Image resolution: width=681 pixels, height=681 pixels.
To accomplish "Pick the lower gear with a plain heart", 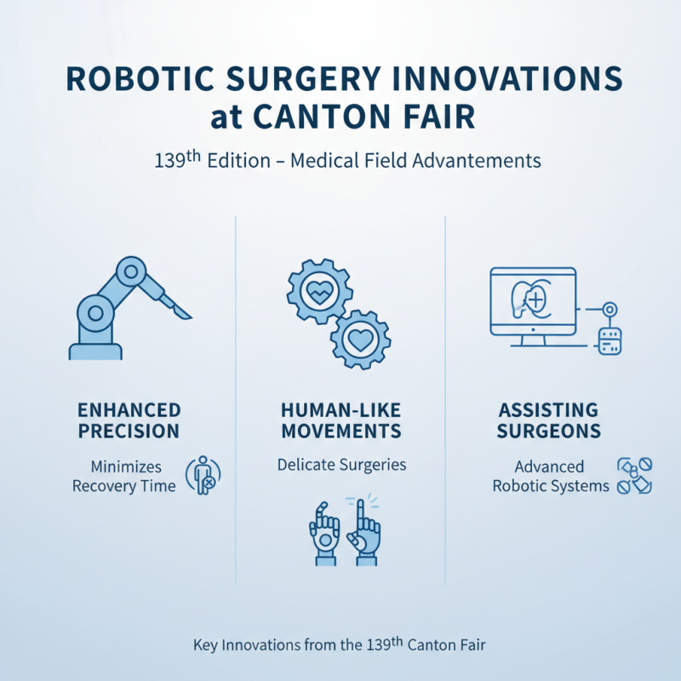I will click(359, 338).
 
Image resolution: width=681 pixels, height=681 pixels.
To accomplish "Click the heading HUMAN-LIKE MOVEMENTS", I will click(340, 421).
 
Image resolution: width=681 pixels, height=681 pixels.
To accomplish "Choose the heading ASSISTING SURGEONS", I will click(550, 421).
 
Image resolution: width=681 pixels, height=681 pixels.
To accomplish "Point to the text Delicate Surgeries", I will click(341, 466).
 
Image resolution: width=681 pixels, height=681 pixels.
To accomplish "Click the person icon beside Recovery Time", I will click(203, 475).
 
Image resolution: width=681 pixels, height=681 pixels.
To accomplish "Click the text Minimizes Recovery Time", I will click(124, 476).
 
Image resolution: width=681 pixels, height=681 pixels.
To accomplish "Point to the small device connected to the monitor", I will click(609, 340).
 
